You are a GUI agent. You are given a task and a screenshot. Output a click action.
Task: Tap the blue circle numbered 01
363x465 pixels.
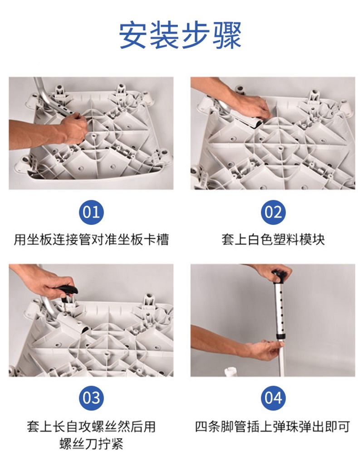tap(91, 213)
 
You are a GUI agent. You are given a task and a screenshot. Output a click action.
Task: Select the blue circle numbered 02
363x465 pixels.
tap(273, 213)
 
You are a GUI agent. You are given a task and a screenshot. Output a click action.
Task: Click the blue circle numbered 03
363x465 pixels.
tap(91, 398)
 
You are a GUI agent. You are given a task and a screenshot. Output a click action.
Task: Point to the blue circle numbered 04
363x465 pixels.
tap(273, 398)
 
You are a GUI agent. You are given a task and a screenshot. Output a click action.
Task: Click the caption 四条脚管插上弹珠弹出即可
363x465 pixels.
tap(273, 426)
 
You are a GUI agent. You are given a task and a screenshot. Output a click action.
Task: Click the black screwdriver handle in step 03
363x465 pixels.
tap(68, 290)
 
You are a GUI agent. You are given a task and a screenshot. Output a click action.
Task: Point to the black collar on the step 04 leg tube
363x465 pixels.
tap(280, 336)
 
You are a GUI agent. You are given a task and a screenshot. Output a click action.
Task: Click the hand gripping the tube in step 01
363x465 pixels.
tap(74, 129)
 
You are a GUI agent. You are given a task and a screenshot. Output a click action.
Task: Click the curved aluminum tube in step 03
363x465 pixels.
tap(51, 308)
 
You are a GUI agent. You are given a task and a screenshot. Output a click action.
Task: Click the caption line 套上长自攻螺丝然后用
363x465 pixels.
tap(91, 426)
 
